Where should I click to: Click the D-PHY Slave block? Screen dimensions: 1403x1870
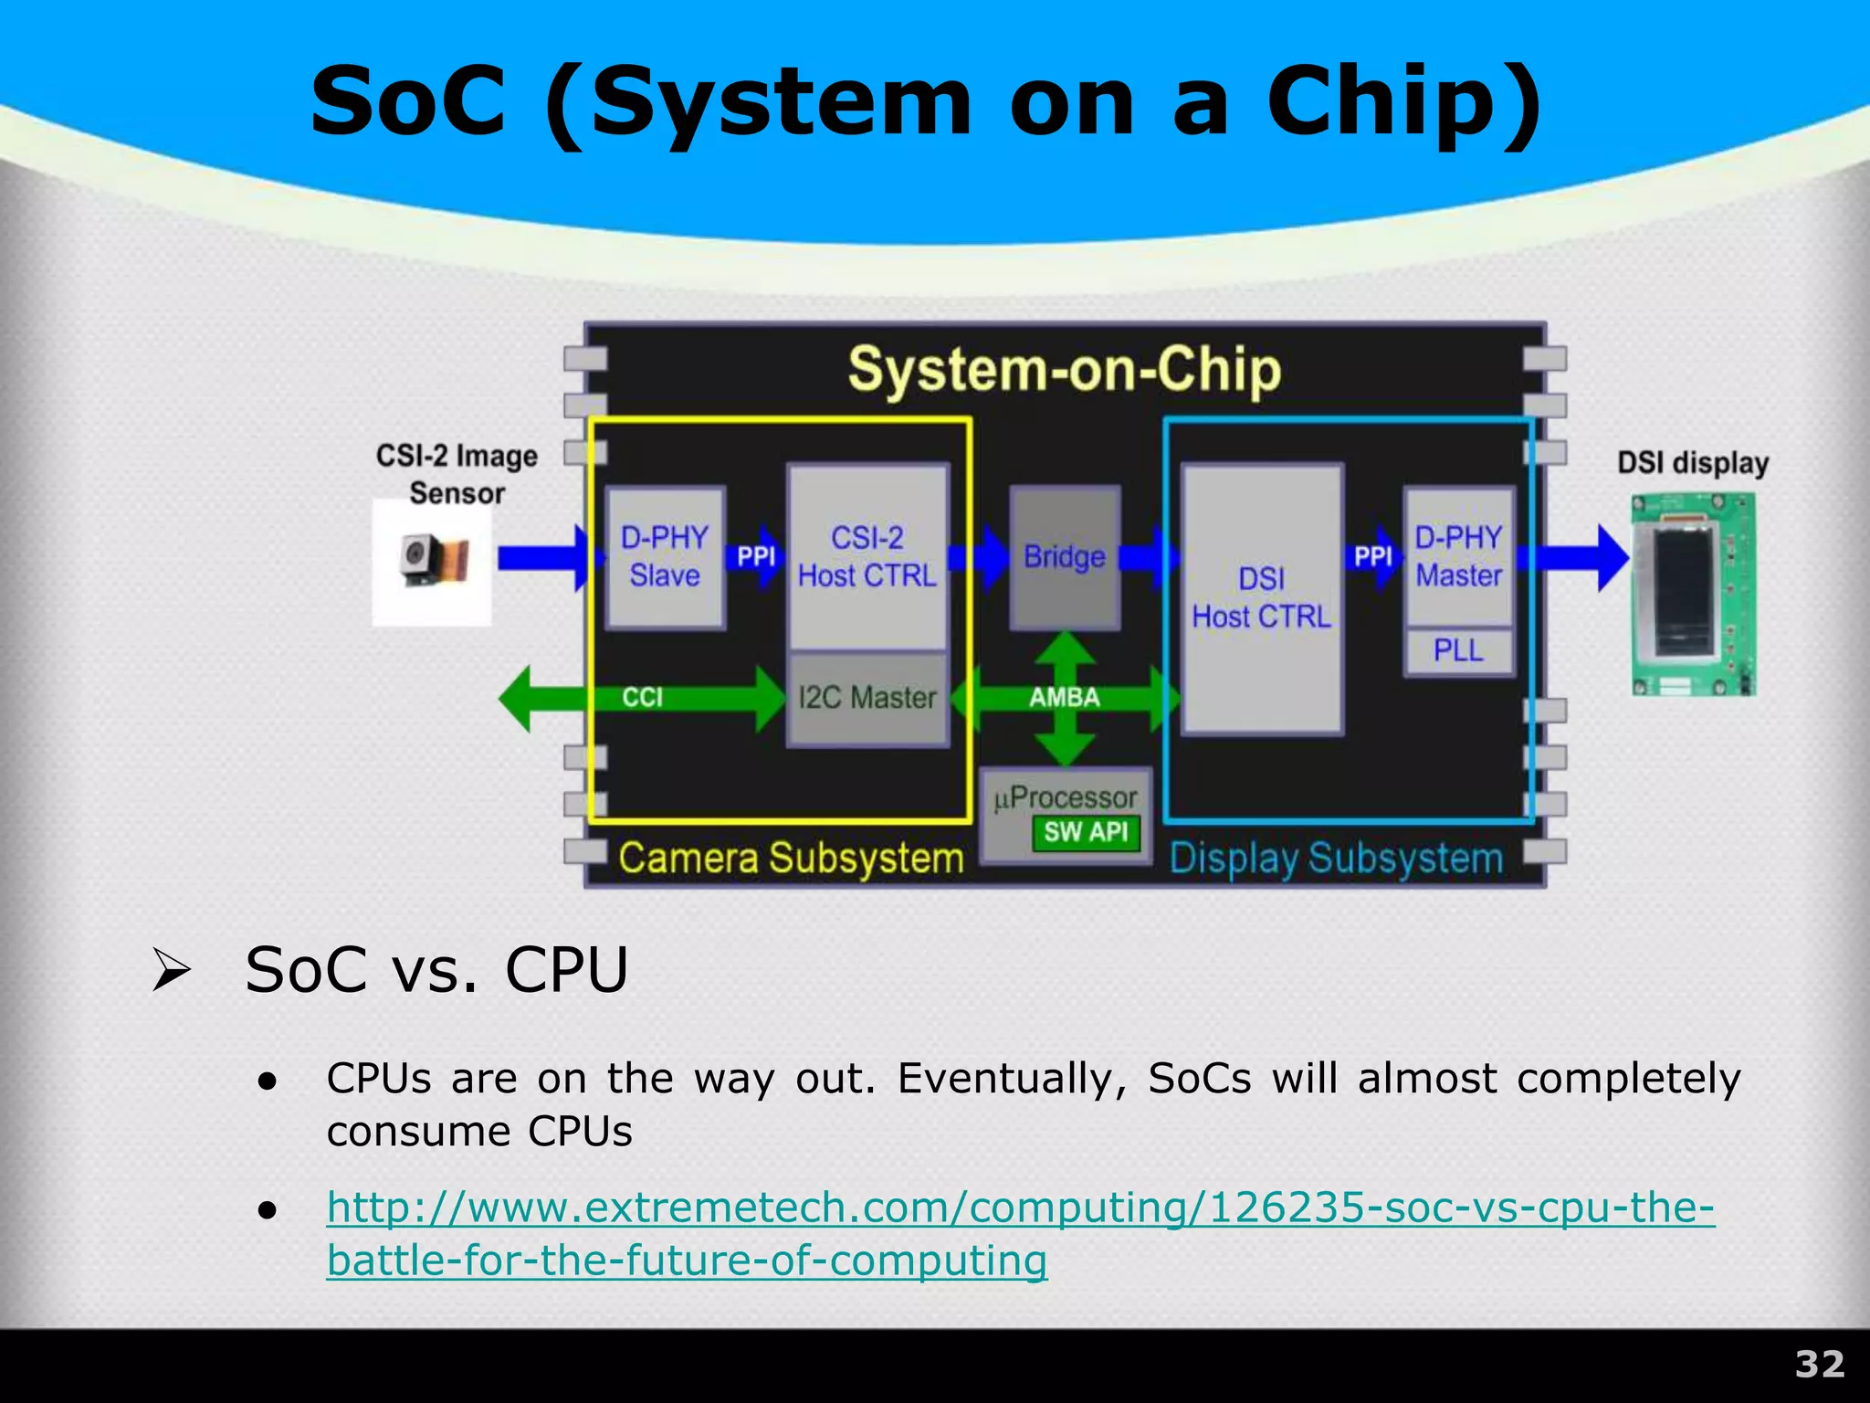[x=665, y=556]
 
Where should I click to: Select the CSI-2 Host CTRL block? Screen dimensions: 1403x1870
[x=867, y=556]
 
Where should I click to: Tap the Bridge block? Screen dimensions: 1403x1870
[x=1065, y=556]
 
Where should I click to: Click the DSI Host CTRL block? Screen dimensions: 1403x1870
[x=1262, y=597]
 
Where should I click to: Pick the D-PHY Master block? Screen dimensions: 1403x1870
[x=1458, y=556]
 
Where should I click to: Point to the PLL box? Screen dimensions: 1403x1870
[x=1458, y=650]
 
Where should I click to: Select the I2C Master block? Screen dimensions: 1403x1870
[x=867, y=698]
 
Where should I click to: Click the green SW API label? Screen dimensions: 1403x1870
[x=1086, y=832]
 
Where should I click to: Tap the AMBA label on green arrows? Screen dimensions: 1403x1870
[x=1065, y=698]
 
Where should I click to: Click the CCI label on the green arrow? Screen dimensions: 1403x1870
[x=643, y=698]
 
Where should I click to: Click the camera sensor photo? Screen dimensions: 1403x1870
[x=433, y=561]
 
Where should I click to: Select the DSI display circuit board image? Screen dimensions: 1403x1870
[x=1694, y=594]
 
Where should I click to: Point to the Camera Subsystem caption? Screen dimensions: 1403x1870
[x=791, y=859]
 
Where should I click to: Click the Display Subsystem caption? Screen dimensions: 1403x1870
[x=1336, y=859]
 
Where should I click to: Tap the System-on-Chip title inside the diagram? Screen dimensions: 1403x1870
[x=1065, y=371]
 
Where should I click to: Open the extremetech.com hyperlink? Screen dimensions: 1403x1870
[x=1020, y=1208]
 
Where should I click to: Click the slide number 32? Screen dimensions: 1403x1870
[x=1819, y=1365]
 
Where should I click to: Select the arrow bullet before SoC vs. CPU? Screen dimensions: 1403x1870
[x=171, y=970]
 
